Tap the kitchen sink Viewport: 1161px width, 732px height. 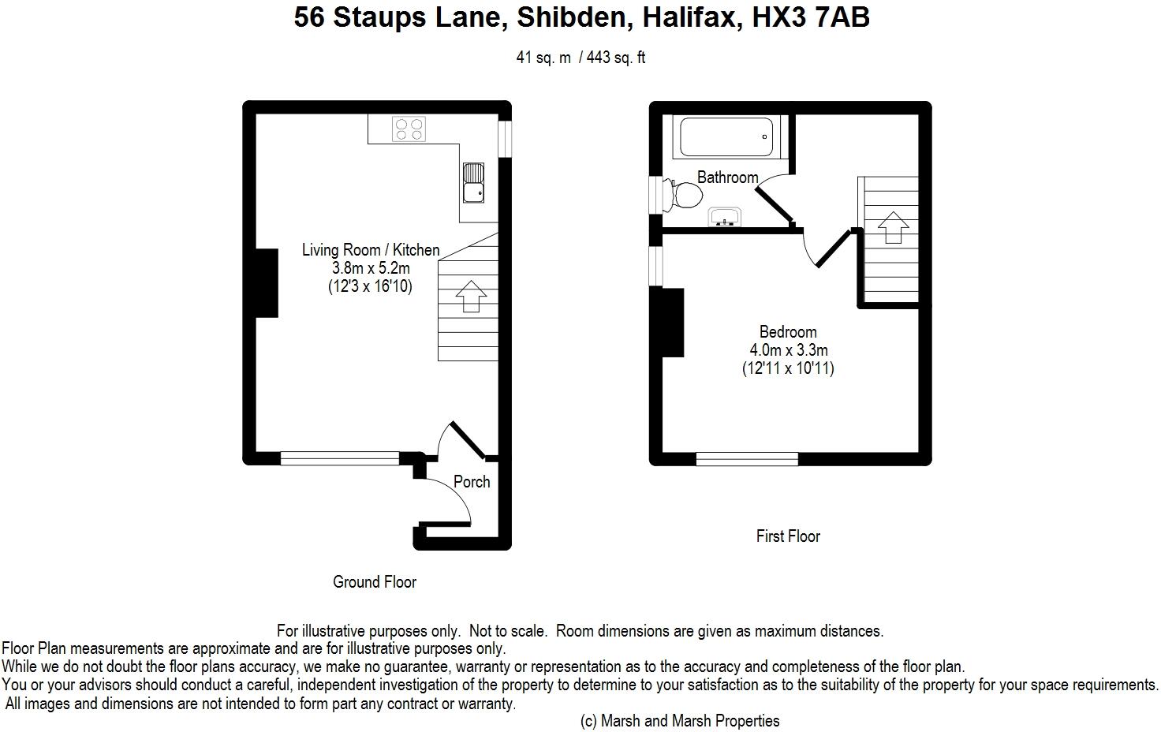click(x=474, y=182)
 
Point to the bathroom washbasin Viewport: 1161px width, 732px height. click(x=724, y=216)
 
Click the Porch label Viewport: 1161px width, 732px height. click(x=472, y=482)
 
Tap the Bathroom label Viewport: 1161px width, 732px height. click(x=727, y=177)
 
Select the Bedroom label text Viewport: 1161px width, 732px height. click(x=788, y=332)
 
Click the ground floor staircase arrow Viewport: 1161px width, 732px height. click(x=471, y=296)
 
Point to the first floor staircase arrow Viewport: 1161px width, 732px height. click(x=892, y=226)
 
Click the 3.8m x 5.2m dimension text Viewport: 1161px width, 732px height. click(x=371, y=268)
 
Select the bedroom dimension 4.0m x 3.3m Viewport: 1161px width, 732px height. click(x=789, y=350)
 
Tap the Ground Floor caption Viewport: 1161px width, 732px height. click(x=375, y=582)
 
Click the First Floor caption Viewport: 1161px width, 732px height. click(x=788, y=536)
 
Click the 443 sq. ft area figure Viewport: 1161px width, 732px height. click(x=616, y=58)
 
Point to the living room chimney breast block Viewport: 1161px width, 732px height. click(x=267, y=283)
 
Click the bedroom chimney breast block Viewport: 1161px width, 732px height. click(x=672, y=323)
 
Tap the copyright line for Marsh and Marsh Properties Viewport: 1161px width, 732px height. click(x=680, y=720)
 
